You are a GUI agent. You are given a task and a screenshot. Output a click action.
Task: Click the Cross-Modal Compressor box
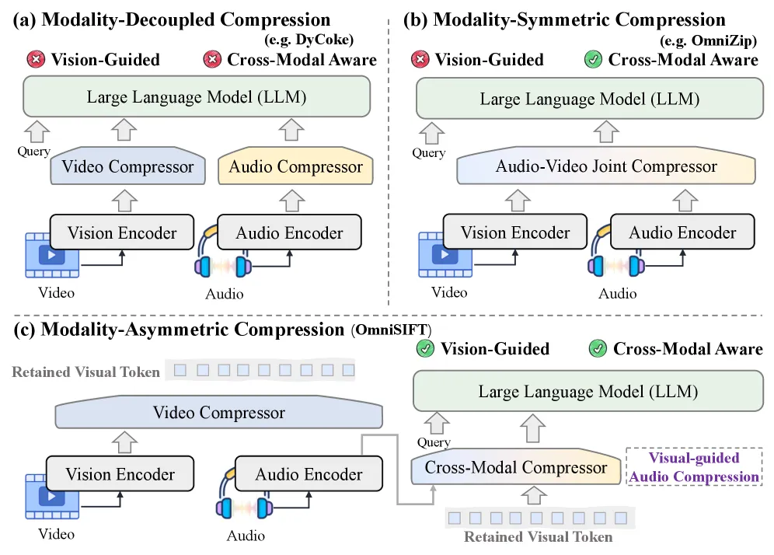point(515,467)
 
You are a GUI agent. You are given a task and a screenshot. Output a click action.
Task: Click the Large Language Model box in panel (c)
point(587,392)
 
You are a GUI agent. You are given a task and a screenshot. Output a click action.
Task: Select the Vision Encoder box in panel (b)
point(515,232)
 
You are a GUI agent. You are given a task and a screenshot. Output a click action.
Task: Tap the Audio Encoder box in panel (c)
point(309,473)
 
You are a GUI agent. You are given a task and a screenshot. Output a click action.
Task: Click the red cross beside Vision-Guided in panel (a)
point(36,59)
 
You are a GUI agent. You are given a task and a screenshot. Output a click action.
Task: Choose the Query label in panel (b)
point(428,152)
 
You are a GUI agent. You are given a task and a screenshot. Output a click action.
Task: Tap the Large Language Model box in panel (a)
point(197,97)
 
